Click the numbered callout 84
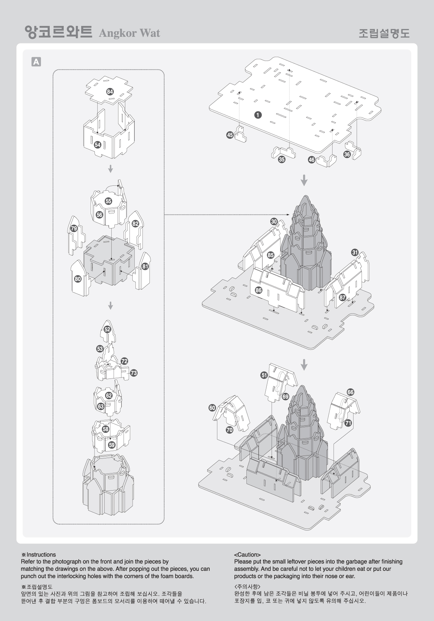click(x=110, y=92)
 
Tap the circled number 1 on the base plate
click(x=258, y=115)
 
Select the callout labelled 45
click(x=230, y=135)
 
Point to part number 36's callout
click(x=347, y=154)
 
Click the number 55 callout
click(x=108, y=201)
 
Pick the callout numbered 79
click(x=74, y=228)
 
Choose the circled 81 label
click(x=145, y=266)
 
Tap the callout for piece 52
click(x=107, y=329)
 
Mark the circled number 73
click(x=134, y=373)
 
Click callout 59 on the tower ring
click(x=112, y=445)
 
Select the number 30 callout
click(x=274, y=221)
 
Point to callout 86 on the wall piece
click(x=259, y=290)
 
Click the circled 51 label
click(x=264, y=375)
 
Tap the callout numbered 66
click(x=350, y=392)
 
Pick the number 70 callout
click(x=230, y=430)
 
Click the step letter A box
click(x=36, y=62)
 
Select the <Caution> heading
click(x=247, y=555)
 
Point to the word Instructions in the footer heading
click(x=41, y=554)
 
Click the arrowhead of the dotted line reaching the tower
click(x=289, y=214)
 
